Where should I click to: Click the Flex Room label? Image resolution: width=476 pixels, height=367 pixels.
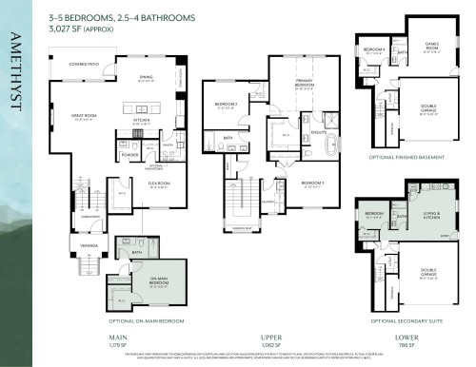point(157,184)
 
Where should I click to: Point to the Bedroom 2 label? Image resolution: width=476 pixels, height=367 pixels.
point(226,104)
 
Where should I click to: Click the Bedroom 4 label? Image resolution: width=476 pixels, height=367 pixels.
point(373,49)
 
